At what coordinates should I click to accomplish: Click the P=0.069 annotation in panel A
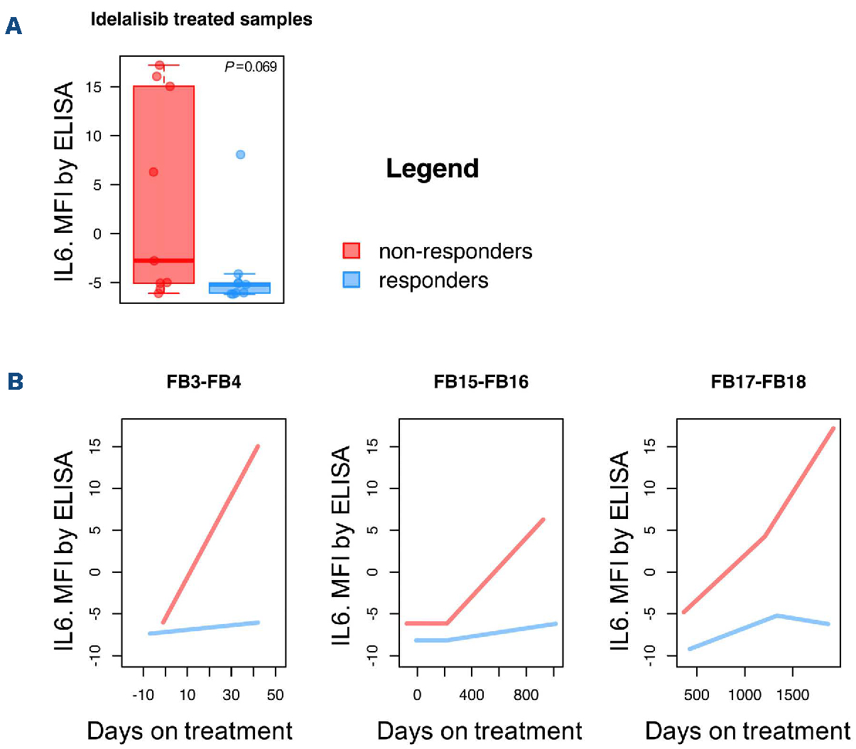[x=251, y=67]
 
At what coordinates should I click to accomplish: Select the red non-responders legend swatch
[x=351, y=251]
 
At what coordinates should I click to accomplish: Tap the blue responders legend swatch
[x=351, y=280]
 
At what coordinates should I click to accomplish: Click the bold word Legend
[x=432, y=169]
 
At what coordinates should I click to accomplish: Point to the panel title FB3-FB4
[x=204, y=382]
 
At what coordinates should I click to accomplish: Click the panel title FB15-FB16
[x=481, y=382]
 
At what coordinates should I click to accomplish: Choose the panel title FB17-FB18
[x=758, y=382]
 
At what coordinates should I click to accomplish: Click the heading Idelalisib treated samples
[x=201, y=19]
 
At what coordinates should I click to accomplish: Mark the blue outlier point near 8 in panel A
[x=241, y=155]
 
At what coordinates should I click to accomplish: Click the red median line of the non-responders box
[x=164, y=261]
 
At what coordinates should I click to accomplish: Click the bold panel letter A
[x=13, y=26]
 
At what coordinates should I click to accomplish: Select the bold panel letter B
[x=15, y=381]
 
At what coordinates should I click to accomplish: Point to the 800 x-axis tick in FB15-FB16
[x=526, y=695]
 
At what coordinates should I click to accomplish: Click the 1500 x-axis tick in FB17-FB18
[x=793, y=695]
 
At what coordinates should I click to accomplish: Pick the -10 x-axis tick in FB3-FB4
[x=143, y=695]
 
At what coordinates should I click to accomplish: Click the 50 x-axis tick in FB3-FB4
[x=276, y=695]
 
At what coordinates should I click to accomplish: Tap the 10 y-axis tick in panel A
[x=94, y=136]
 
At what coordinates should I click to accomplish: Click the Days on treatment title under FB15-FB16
[x=480, y=731]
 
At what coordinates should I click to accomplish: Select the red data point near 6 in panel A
[x=153, y=172]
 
